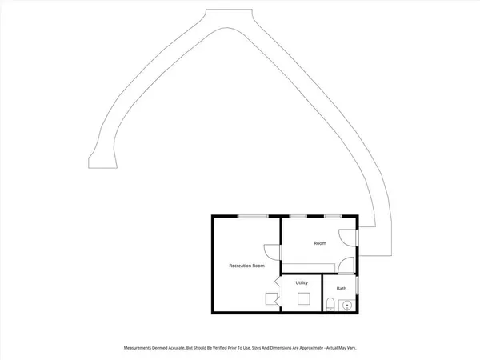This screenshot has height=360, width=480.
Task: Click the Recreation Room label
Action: [246, 265]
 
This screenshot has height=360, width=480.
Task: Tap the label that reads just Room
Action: [320, 243]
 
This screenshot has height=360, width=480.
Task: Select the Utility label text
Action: [302, 282]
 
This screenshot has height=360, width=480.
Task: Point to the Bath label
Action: [342, 288]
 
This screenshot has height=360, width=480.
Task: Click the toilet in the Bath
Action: [330, 304]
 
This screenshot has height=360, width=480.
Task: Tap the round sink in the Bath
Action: [346, 305]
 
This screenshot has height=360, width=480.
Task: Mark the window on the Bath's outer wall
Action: [358, 286]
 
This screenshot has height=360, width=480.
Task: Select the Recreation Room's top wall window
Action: [251, 216]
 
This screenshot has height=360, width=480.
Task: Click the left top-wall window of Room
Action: [298, 216]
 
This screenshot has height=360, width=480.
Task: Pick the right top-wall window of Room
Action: [334, 216]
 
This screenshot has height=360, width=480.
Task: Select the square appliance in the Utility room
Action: [303, 298]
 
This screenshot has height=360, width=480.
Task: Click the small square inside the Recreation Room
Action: [270, 299]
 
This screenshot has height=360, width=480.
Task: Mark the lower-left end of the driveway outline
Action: [102, 164]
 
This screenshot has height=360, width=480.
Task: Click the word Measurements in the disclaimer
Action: [140, 348]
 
